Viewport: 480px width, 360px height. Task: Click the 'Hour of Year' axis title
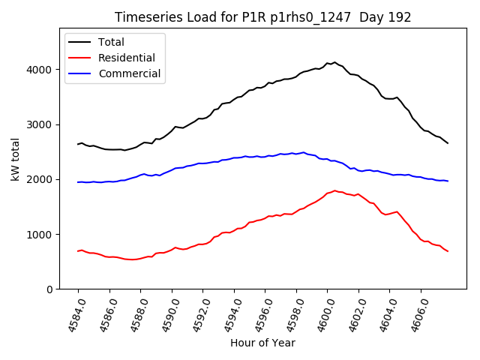coord(262,343)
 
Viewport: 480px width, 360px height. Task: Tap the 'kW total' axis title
coord(14,158)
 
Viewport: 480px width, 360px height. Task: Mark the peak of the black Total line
coord(334,62)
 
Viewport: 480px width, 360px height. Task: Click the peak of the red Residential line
coord(334,190)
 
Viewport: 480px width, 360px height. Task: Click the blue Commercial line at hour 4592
coord(202,163)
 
